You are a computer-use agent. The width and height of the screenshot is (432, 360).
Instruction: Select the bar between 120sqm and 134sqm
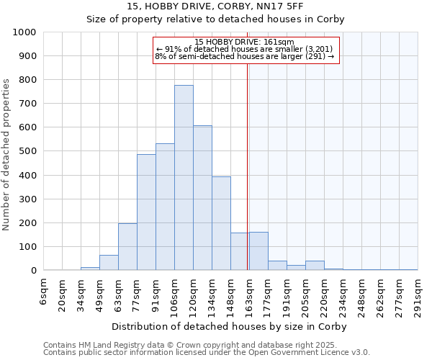click(202, 198)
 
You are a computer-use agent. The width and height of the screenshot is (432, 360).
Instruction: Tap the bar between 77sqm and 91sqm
click(146, 212)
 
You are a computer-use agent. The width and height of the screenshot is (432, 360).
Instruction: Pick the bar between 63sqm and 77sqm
click(127, 247)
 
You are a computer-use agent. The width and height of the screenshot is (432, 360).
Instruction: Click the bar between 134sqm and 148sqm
click(221, 223)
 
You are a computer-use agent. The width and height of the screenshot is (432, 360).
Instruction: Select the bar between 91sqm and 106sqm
click(165, 207)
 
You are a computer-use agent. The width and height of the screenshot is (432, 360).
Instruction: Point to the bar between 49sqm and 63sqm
click(109, 263)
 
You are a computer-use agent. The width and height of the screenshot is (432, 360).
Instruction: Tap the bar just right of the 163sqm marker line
click(258, 251)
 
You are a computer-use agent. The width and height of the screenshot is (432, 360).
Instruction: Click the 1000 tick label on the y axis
click(24, 32)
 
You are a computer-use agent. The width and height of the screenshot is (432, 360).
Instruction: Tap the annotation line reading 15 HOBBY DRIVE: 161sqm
click(245, 42)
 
